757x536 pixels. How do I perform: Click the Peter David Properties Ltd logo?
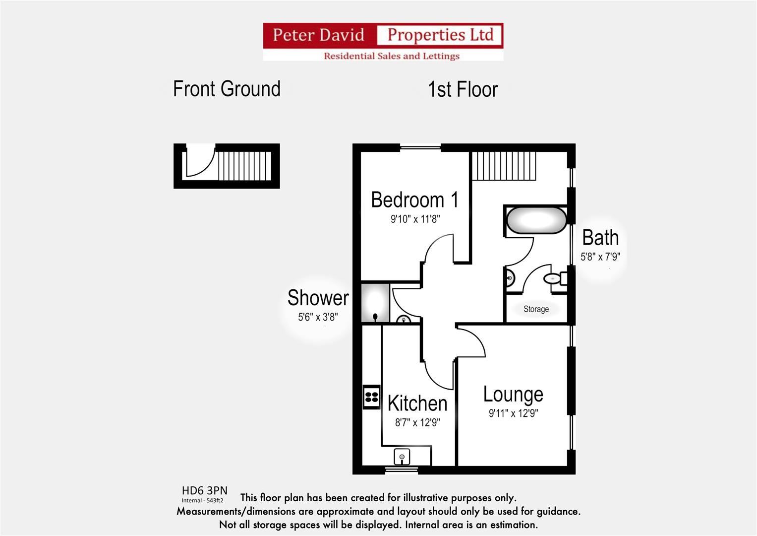pos(383,42)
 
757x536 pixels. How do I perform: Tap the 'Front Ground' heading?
pos(227,89)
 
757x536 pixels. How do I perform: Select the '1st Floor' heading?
pos(463,90)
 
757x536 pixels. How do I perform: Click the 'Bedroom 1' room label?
pos(414,200)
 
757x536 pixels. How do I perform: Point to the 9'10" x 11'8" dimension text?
pos(415,219)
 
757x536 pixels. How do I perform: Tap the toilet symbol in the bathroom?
pos(554,279)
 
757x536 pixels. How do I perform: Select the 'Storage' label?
pos(536,309)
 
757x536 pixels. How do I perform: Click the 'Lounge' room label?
pos(513,395)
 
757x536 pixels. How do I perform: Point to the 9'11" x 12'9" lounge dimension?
pos(513,413)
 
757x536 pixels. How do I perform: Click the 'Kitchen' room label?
pos(417,403)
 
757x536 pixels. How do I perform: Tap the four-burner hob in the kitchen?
pos(371,397)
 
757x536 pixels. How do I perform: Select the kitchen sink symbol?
pos(402,456)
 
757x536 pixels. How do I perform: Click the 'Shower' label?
pos(318,298)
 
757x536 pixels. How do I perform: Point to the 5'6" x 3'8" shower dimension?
pos(318,317)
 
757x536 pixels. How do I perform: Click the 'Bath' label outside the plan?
pos(600,238)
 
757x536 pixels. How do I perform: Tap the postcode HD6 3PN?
pos(204,491)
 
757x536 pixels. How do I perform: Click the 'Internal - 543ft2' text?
pos(202,501)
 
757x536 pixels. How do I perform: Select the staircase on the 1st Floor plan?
pos(504,166)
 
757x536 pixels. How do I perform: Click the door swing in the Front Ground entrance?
pos(199,161)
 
